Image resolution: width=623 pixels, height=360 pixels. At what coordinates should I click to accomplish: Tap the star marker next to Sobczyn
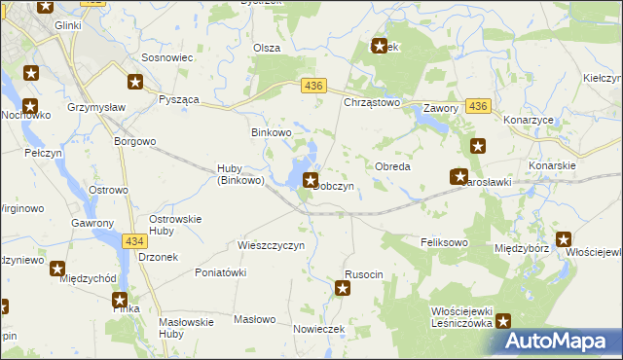coord(311,179)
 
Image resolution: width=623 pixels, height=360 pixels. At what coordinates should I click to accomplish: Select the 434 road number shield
coord(134,239)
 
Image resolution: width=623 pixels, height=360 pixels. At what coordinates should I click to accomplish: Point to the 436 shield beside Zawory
coord(477,106)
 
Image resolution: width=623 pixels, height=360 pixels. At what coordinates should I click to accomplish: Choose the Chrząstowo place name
coord(373,102)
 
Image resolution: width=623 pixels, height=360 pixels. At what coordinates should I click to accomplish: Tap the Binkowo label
coord(273,132)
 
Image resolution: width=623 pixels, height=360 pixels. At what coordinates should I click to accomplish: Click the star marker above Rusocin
coord(343,287)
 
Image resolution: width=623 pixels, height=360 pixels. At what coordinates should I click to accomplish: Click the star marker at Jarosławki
coord(459,176)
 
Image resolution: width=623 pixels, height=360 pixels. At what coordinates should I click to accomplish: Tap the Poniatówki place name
coord(221,272)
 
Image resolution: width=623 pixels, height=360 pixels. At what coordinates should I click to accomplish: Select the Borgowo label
coord(135,141)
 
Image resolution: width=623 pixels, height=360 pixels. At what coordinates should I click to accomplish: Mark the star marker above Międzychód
coord(57,268)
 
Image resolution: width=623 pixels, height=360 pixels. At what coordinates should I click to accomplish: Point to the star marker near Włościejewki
coord(563,238)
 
